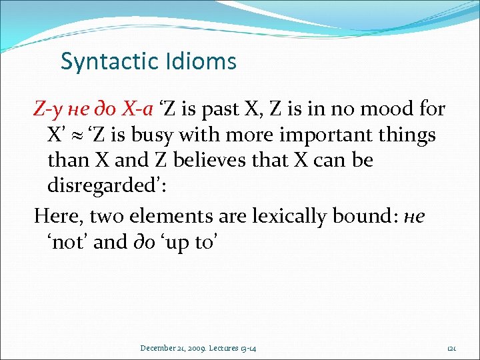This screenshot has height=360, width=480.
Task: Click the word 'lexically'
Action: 285,216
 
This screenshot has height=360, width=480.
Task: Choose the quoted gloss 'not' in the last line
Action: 67,242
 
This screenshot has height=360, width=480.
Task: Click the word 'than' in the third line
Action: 66,160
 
